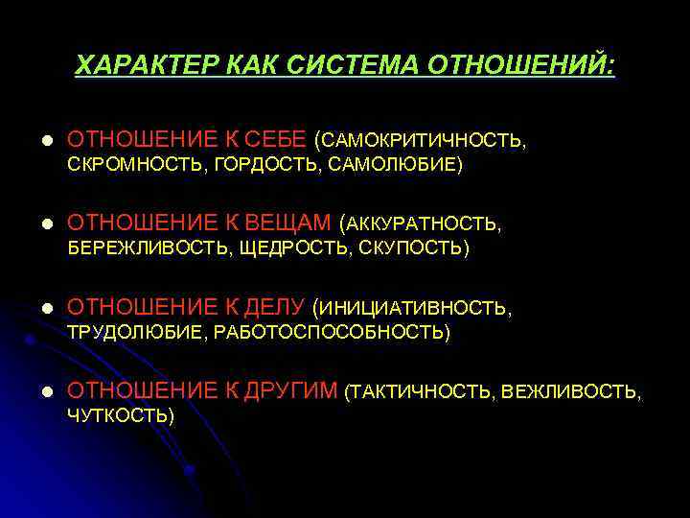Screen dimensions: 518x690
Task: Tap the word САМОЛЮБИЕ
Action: (x=392, y=166)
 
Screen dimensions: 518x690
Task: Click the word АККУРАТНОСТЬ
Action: (x=423, y=224)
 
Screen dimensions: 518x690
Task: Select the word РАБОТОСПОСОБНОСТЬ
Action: (x=331, y=333)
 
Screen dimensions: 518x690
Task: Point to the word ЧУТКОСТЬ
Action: (x=119, y=415)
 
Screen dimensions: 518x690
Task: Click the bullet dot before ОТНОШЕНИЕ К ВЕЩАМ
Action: (x=37, y=224)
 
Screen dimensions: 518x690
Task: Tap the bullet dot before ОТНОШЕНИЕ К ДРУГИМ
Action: (x=37, y=391)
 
